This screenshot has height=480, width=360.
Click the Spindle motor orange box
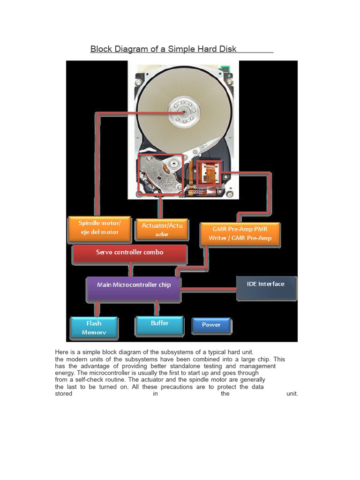(99, 228)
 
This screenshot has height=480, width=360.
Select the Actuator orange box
(162, 230)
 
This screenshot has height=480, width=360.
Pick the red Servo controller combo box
(130, 253)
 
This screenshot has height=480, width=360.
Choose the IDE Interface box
(266, 286)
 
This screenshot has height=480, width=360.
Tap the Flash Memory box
(94, 328)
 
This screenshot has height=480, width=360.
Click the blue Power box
(211, 325)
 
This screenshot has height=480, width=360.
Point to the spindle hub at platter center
(185, 111)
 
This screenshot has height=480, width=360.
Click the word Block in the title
(100, 49)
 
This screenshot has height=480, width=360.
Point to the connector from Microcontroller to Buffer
(157, 308)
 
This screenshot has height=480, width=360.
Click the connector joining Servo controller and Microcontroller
(131, 270)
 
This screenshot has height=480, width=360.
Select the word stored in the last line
(64, 394)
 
